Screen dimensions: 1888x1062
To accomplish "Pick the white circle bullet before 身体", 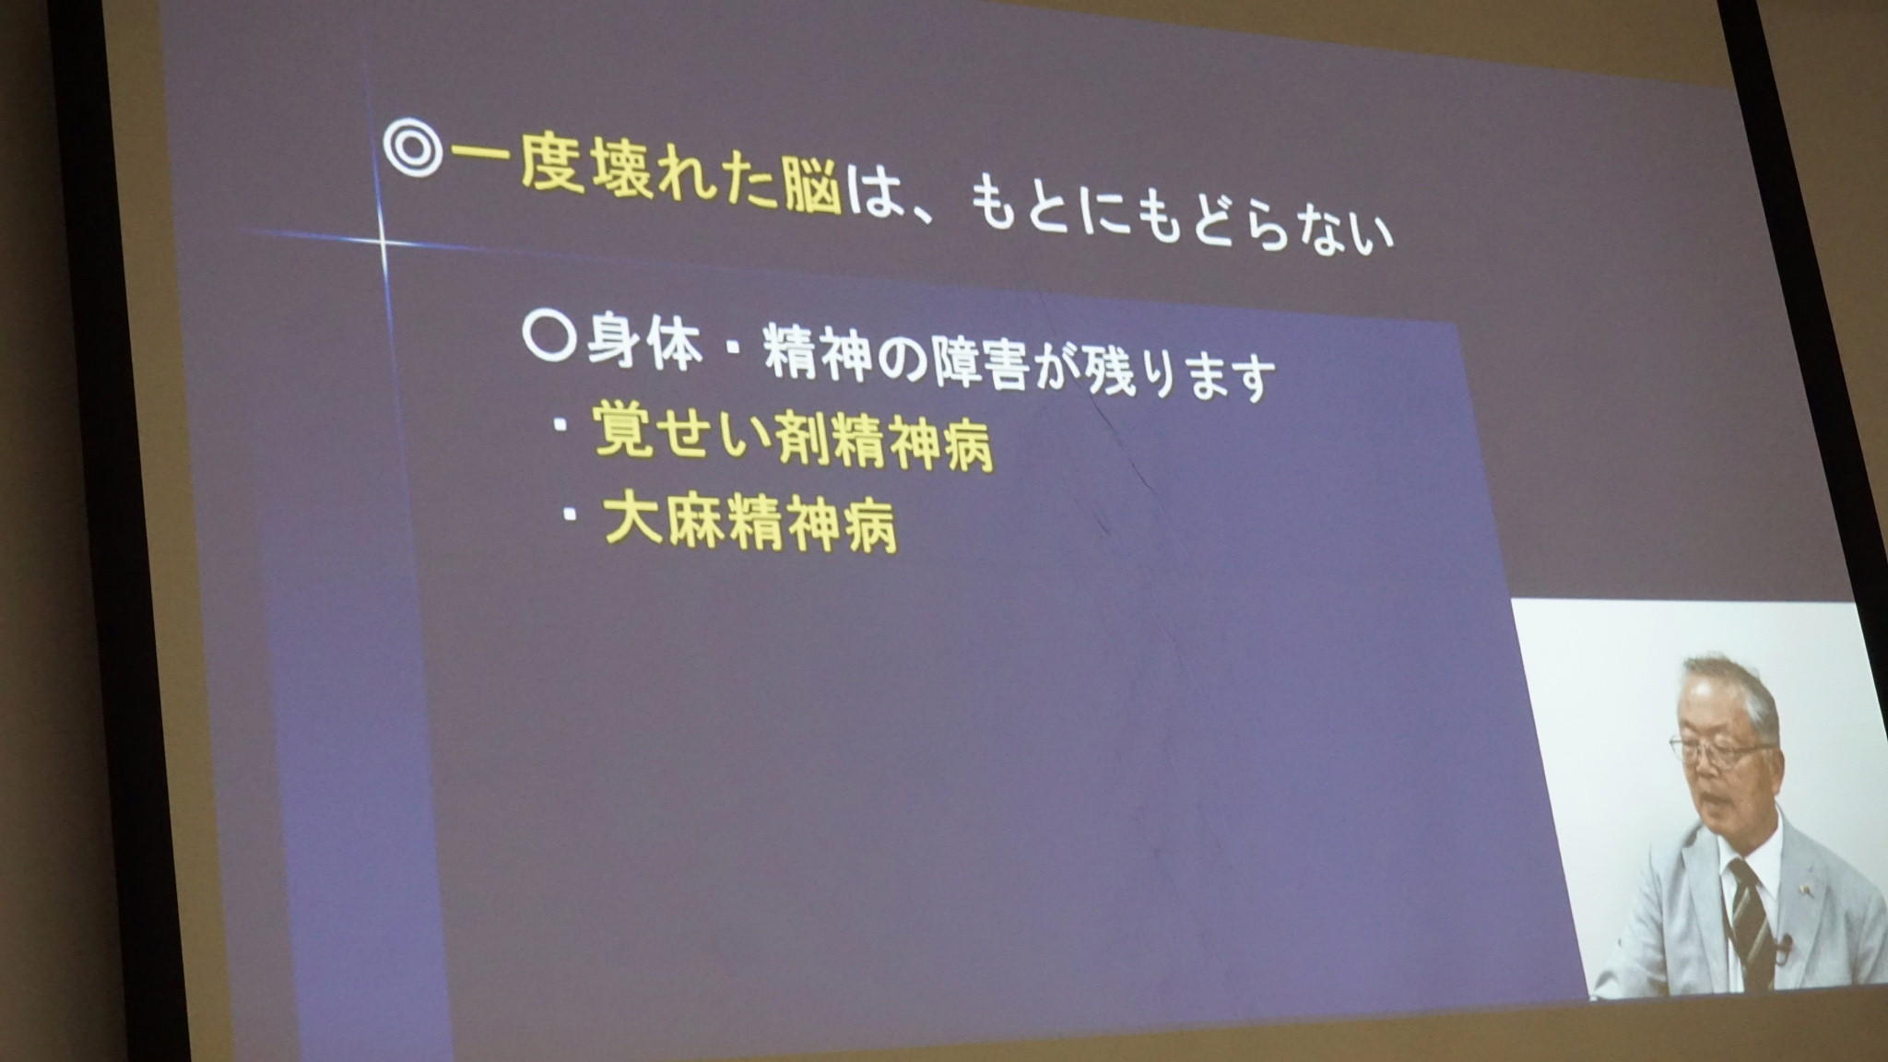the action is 549,336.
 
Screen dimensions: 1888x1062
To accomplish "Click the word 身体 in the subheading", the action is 644,343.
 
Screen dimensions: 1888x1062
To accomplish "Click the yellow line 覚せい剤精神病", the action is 794,437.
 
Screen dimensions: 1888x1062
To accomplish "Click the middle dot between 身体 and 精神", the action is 735,353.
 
